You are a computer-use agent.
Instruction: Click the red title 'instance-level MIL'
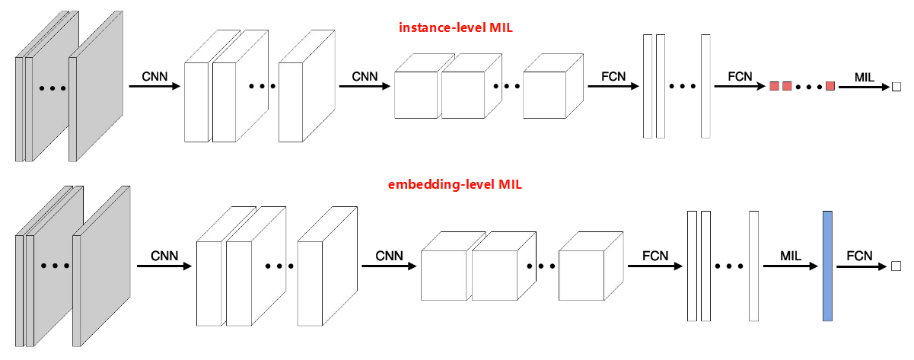454,28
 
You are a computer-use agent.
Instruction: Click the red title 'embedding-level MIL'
454,184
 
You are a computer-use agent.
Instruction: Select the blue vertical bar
827,266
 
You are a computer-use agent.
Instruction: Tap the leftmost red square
774,85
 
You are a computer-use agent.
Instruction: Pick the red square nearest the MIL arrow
830,85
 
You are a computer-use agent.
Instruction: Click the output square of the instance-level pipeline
896,88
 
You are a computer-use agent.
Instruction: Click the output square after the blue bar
896,266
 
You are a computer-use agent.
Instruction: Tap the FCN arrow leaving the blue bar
861,267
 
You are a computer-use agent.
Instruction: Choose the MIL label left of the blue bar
792,255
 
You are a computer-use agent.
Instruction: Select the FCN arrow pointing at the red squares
740,87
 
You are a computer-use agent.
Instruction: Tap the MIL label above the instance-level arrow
865,76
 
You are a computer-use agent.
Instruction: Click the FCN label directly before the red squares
740,76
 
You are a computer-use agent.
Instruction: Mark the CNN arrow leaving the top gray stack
154,87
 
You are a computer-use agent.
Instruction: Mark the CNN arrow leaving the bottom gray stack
164,266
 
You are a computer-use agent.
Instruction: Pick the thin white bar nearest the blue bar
754,266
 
